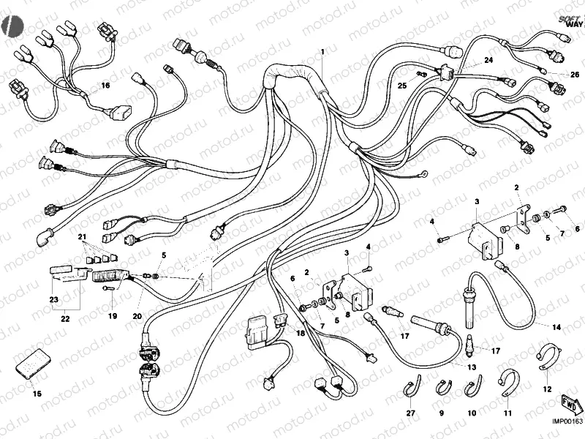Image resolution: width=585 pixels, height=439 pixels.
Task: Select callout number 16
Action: [105, 86]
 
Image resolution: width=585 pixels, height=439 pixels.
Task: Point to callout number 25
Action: [401, 86]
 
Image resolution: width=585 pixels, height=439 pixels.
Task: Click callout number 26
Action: [574, 74]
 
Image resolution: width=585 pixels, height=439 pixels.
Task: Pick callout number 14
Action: [557, 327]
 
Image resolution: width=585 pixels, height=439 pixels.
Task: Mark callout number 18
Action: [300, 334]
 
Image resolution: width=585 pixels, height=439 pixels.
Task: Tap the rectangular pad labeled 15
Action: [32, 364]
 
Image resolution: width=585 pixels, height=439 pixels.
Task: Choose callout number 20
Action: [137, 316]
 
